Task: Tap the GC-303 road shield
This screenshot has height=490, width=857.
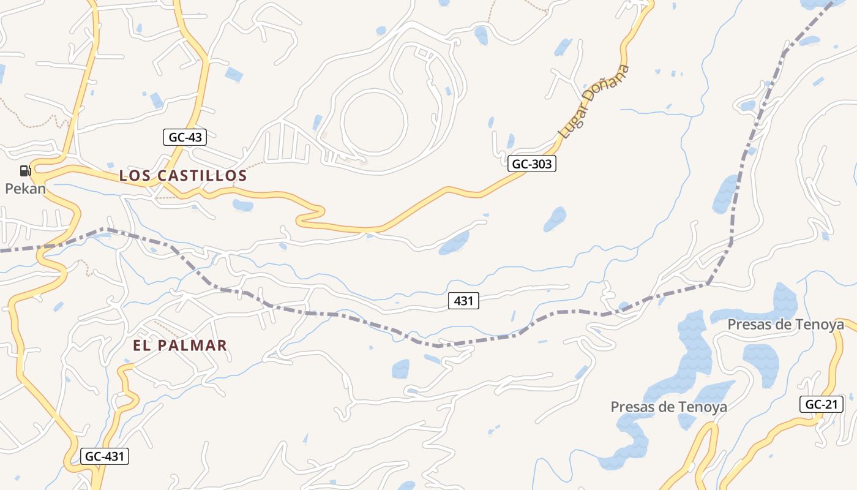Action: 531,164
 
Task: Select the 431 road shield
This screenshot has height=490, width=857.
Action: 463,301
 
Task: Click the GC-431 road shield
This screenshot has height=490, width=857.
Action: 105,456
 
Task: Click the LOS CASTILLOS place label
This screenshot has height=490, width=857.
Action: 183,176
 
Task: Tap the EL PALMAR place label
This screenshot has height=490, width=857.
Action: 180,345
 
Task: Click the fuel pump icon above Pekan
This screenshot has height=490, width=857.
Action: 25,171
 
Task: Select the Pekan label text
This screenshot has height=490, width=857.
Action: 26,189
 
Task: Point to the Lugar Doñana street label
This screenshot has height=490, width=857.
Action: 593,101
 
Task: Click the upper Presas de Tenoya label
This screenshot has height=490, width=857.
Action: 785,325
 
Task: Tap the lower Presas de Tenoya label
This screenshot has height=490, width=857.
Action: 668,407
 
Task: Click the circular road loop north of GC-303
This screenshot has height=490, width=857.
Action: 373,121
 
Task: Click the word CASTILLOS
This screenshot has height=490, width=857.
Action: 202,176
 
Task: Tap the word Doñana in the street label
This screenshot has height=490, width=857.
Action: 607,84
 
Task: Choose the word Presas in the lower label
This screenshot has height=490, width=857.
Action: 635,407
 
